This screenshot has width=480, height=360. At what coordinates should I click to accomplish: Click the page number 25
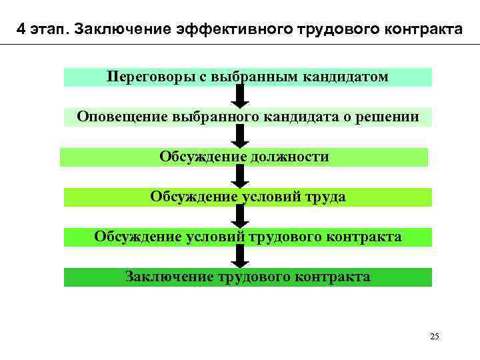tap(435, 335)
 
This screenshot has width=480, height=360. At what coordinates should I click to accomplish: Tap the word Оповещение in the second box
tap(122, 117)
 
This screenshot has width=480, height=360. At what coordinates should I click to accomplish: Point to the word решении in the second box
tap(390, 117)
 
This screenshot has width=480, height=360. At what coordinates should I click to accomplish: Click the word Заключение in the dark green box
tap(169, 277)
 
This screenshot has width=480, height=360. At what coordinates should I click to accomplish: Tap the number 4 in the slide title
tap(23, 31)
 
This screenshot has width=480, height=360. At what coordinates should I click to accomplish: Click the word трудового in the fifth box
tap(281, 237)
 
